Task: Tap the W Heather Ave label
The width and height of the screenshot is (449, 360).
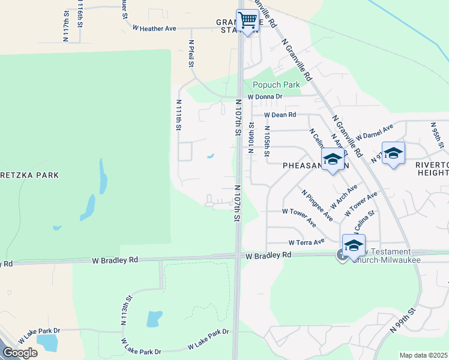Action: click(x=154, y=28)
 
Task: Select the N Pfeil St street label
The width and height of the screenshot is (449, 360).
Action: click(x=191, y=55)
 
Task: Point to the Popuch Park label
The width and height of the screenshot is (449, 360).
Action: click(x=272, y=85)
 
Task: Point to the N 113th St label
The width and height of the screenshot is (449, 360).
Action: click(x=126, y=310)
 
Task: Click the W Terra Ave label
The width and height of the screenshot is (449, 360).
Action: click(x=306, y=242)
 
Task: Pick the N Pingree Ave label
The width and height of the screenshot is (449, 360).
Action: click(x=317, y=206)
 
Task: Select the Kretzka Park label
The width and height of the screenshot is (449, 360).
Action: click(x=29, y=175)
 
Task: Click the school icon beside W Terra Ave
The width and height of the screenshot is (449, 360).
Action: click(x=354, y=244)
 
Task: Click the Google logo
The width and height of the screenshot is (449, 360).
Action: click(x=20, y=352)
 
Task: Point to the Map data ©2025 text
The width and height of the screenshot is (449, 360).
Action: click(x=423, y=355)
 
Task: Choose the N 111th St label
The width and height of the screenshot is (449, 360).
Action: click(x=178, y=115)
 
